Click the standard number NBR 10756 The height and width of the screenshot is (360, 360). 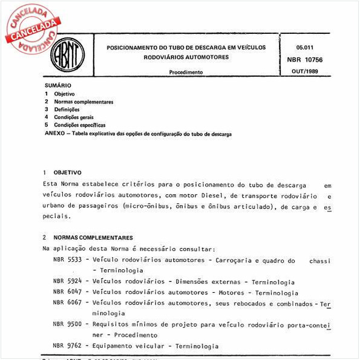[305, 60]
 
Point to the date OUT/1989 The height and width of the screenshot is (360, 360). [305, 72]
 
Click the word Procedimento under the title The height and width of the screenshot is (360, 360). [186, 72]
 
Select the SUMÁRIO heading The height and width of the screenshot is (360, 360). [58, 86]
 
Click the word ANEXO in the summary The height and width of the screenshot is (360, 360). [55, 133]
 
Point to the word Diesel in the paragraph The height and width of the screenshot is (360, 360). [224, 195]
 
